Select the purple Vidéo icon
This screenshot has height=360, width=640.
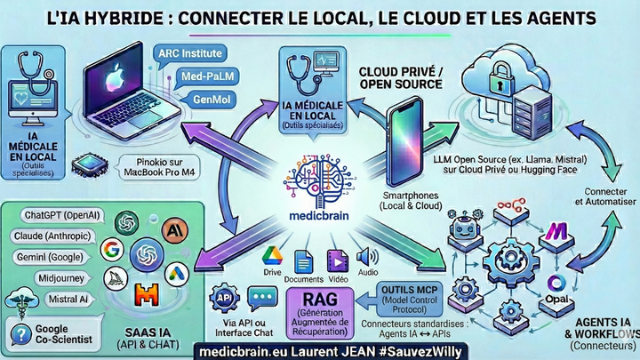(338, 260)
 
